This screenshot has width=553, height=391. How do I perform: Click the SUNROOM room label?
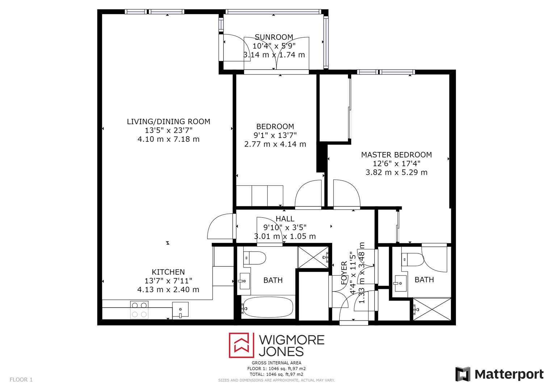tap(274, 37)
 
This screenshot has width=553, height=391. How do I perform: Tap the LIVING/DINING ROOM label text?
tap(168, 122)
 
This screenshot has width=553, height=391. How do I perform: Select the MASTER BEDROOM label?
tap(396, 155)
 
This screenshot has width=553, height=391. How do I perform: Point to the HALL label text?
tap(285, 219)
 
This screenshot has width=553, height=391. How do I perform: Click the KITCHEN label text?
tap(168, 272)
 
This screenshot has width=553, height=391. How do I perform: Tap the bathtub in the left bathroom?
tap(268, 307)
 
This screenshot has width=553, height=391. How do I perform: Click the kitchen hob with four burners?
tap(139, 310)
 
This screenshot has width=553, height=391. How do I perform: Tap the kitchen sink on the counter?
tap(180, 310)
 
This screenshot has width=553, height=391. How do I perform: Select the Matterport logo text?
tap(509, 374)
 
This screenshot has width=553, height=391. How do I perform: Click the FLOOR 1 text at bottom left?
tap(21, 380)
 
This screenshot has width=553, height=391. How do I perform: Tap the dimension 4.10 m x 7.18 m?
tap(168, 139)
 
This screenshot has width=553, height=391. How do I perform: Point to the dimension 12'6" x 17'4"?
tap(396, 164)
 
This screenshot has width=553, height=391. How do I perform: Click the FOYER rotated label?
tap(344, 272)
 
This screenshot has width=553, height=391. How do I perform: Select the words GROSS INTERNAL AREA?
tap(276, 363)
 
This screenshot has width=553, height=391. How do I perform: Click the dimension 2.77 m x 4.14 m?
tap(275, 144)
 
